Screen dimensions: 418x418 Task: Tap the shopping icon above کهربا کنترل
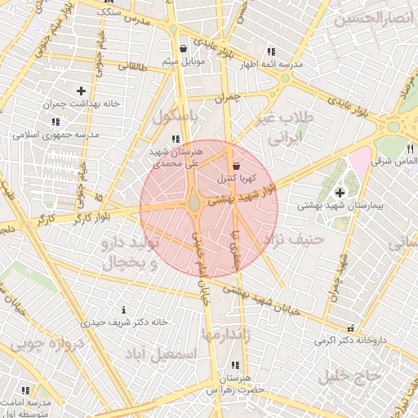pyautogui.click(x=236, y=165)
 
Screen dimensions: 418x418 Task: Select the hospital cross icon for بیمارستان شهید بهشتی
pyautogui.click(x=340, y=192)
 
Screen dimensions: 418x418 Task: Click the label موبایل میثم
pyautogui.click(x=182, y=62)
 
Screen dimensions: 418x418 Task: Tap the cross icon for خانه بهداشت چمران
pyautogui.click(x=81, y=91)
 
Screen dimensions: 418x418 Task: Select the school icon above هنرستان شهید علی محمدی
pyautogui.click(x=176, y=138)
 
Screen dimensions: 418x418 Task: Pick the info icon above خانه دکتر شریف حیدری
pyautogui.click(x=122, y=309)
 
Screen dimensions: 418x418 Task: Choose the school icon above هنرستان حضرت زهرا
pyautogui.click(x=235, y=365)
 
